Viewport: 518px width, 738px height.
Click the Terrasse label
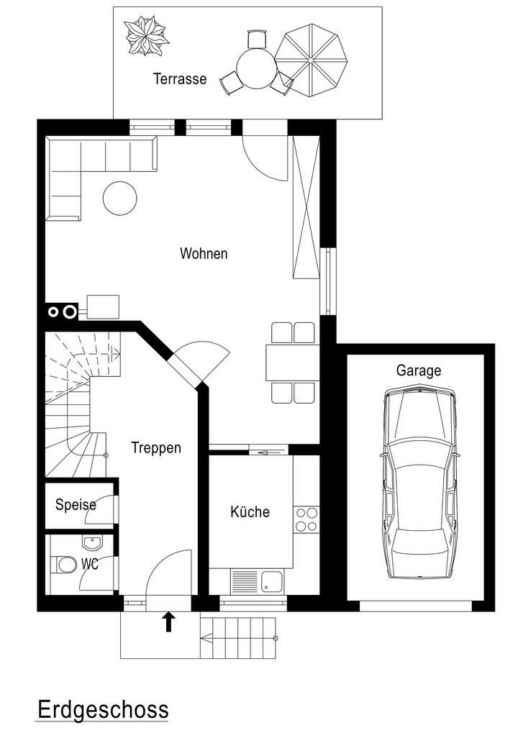[x=179, y=79]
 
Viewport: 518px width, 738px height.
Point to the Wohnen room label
[x=204, y=254]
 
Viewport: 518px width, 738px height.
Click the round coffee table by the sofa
[x=120, y=197]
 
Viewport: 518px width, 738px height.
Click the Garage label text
[x=419, y=371]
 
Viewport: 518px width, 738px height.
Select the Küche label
[x=250, y=512]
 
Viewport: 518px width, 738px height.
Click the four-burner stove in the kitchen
[x=306, y=519]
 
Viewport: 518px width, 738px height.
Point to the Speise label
[x=76, y=505]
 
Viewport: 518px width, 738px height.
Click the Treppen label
[x=156, y=447]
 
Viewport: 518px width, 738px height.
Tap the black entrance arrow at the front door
[x=169, y=621]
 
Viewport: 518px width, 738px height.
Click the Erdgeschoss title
[x=102, y=709]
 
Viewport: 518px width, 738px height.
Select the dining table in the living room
[x=291, y=362]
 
